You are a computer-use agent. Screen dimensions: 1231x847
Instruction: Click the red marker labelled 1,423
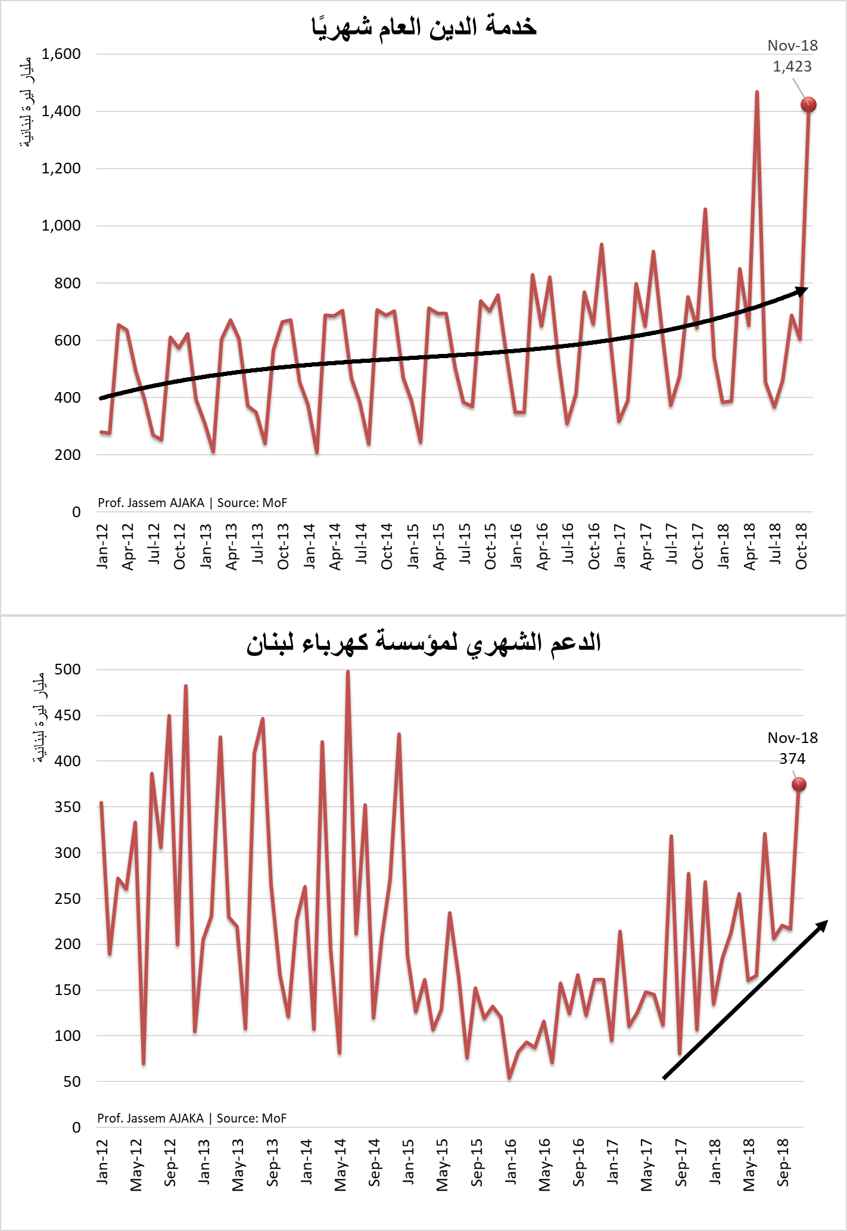click(x=808, y=105)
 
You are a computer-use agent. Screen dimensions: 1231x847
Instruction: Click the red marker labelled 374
click(x=799, y=785)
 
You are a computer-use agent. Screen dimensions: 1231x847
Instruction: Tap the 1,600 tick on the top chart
click(x=61, y=54)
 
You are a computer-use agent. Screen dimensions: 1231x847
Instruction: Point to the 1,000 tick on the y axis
click(x=61, y=226)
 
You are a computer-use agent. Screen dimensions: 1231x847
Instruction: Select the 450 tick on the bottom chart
click(x=67, y=715)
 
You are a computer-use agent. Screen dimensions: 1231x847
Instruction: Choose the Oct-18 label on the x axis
click(x=802, y=546)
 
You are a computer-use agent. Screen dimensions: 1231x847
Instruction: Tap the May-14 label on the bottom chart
click(x=341, y=1165)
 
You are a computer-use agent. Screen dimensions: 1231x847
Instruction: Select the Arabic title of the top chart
click(x=423, y=27)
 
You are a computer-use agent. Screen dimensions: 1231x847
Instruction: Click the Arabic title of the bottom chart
click(x=423, y=643)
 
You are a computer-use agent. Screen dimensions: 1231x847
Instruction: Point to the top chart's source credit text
click(x=192, y=503)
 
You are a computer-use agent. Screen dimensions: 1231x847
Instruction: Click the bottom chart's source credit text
click(x=192, y=1118)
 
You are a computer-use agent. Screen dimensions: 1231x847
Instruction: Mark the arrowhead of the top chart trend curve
click(x=802, y=290)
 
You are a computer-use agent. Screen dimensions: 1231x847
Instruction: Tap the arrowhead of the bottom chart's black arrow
click(x=822, y=925)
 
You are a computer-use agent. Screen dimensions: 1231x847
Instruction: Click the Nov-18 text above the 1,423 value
click(x=792, y=46)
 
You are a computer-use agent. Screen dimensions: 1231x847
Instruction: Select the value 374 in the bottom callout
click(x=792, y=759)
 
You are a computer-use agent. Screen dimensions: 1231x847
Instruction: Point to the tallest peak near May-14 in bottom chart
click(x=348, y=672)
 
